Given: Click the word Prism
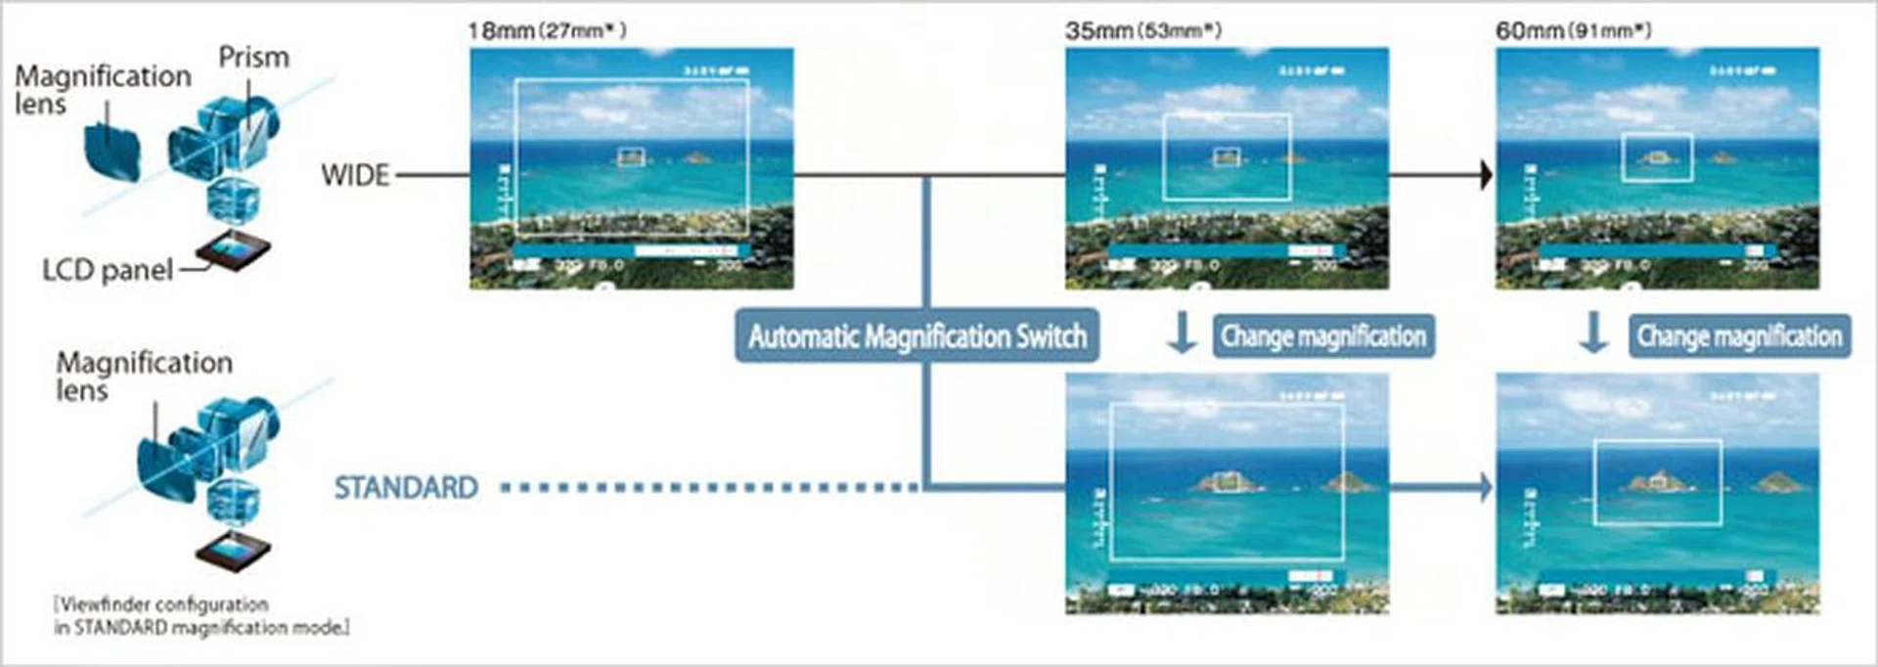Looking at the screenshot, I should click(x=253, y=58).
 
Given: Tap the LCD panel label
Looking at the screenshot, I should click(x=108, y=270).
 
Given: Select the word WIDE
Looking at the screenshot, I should click(x=355, y=175).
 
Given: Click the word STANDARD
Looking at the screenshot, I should click(x=406, y=487).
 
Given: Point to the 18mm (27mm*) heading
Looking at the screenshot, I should click(x=547, y=30).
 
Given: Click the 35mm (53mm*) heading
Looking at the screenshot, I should click(x=1143, y=30).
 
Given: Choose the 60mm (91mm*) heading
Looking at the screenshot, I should click(x=1573, y=30).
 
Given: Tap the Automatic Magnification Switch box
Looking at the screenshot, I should click(x=917, y=336).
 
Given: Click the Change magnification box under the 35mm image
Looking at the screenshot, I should click(x=1323, y=336).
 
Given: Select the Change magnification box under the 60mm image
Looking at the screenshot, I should click(x=1739, y=336).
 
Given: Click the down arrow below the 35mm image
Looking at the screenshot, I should click(x=1182, y=333).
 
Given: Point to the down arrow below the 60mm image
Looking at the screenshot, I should click(x=1594, y=333).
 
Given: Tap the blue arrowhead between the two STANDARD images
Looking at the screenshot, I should click(x=1486, y=486).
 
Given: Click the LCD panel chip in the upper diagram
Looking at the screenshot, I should click(x=233, y=252).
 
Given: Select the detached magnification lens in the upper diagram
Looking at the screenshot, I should click(x=112, y=152).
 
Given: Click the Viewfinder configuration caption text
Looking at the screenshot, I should click(x=201, y=616).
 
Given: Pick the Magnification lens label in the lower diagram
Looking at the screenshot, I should click(x=144, y=376).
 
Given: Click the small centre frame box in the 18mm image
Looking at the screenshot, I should click(x=632, y=156).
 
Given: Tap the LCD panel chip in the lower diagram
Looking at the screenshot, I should click(x=233, y=555).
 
